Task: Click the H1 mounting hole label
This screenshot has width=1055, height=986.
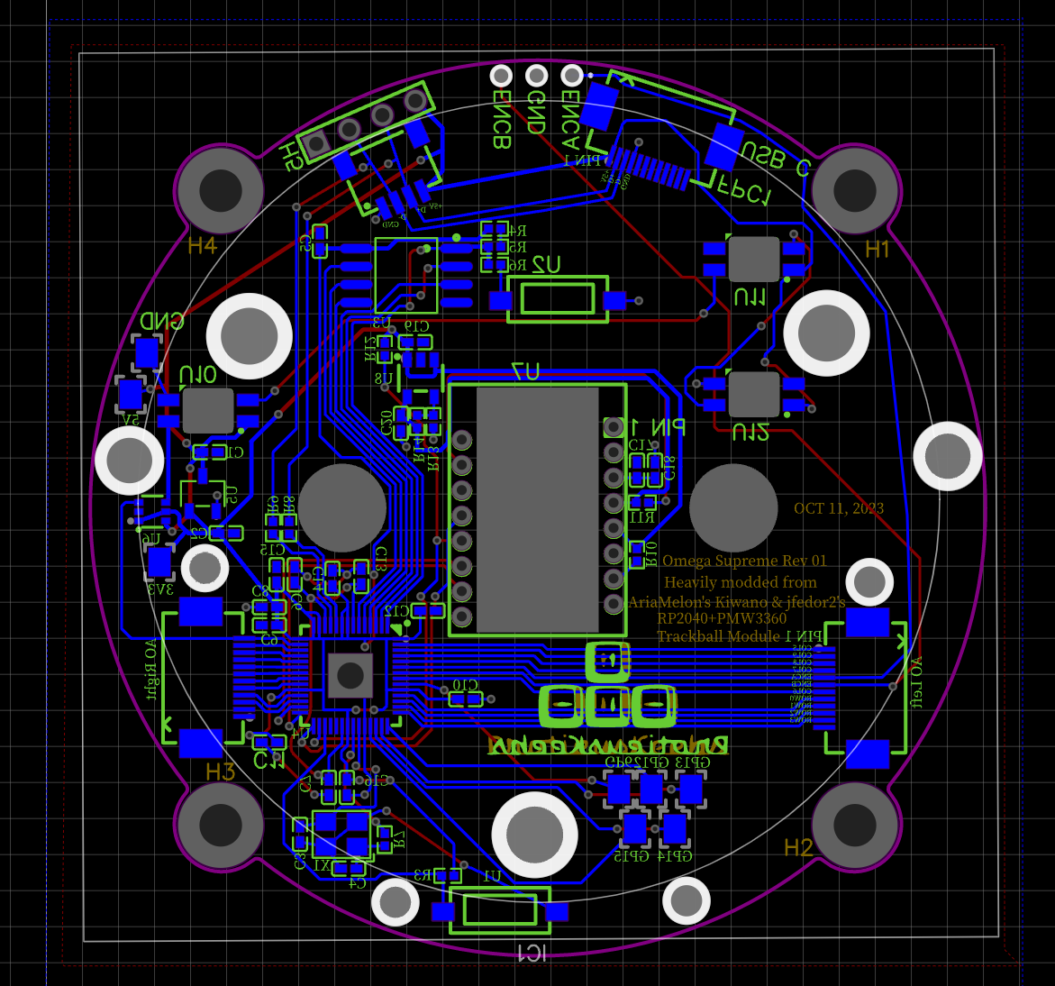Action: [877, 250]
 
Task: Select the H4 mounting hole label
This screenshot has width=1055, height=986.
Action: [202, 245]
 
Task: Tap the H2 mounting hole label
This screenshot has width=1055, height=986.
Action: [798, 847]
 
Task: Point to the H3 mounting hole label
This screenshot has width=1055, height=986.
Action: [220, 771]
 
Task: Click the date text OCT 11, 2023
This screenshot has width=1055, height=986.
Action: [838, 508]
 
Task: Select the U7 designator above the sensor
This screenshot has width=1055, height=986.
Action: [525, 371]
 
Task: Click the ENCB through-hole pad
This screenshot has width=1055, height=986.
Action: [501, 76]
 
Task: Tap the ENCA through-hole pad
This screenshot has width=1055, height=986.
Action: [571, 76]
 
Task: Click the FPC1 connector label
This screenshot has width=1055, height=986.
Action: [744, 193]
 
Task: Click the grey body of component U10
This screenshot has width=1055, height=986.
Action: [208, 411]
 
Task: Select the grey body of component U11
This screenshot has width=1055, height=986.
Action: [753, 259]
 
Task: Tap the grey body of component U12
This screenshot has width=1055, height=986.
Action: [753, 394]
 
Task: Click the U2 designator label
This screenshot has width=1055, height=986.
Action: [545, 264]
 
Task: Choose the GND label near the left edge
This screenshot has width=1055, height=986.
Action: [161, 322]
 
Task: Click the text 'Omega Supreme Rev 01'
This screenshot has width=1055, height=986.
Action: [744, 561]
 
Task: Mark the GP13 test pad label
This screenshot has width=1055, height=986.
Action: [692, 762]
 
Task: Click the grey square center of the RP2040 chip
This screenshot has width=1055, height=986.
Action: [350, 675]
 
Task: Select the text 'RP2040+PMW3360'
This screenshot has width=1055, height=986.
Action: [722, 618]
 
